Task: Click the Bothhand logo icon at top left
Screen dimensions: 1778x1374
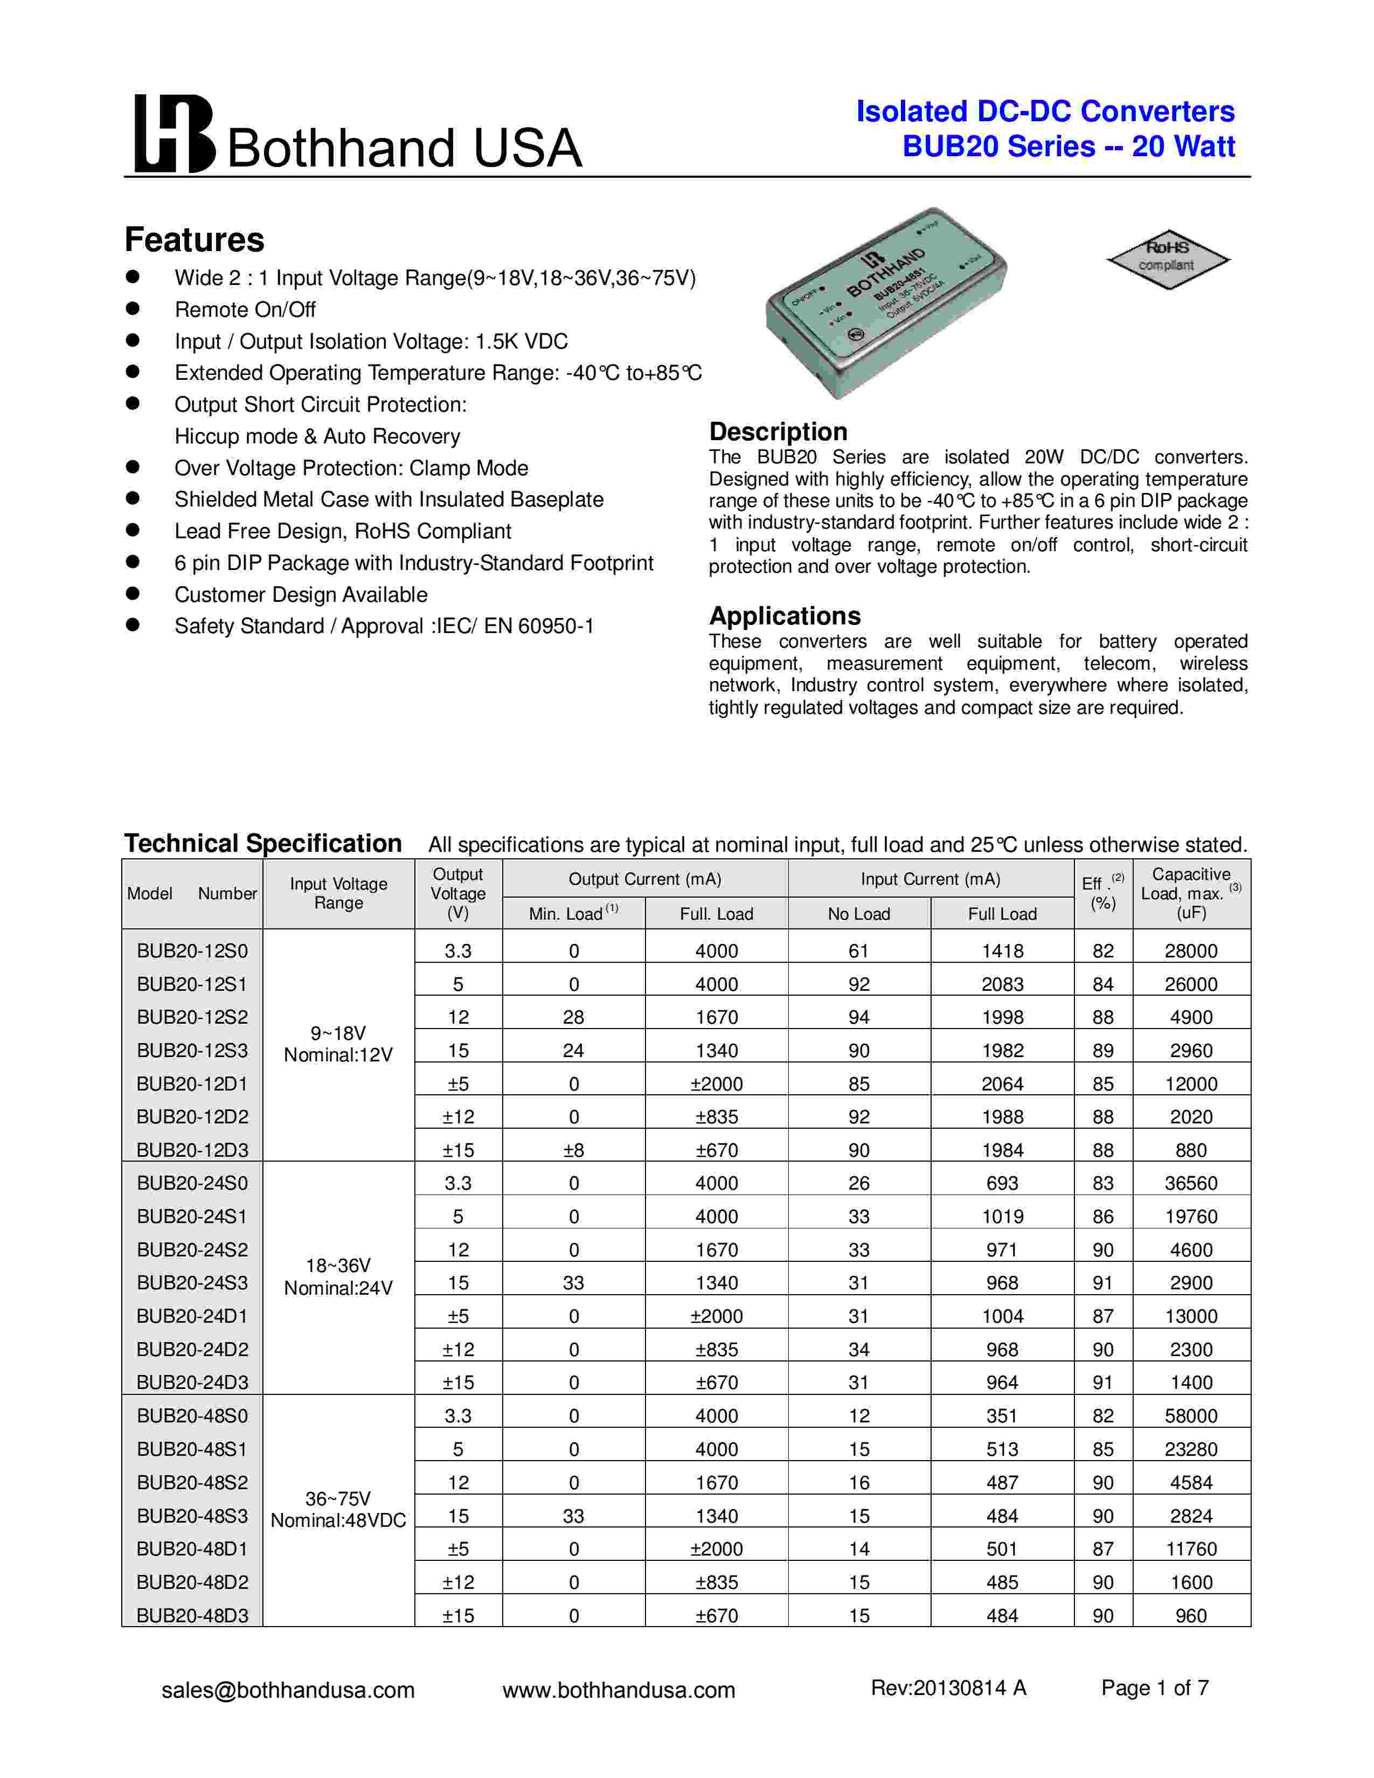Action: (x=174, y=134)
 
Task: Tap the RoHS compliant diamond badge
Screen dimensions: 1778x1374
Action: (x=1167, y=258)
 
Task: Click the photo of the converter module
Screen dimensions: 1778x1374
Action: (x=886, y=304)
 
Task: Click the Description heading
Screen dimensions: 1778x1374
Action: (x=778, y=432)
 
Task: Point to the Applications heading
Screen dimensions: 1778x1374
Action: (x=785, y=615)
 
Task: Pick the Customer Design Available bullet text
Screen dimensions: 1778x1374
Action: (x=300, y=594)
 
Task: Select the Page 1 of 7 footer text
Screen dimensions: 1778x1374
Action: (x=1154, y=1687)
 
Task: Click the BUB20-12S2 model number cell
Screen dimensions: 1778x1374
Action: (x=192, y=1017)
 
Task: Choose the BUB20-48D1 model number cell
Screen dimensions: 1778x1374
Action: (x=192, y=1548)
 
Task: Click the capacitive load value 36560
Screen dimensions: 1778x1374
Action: (x=1191, y=1183)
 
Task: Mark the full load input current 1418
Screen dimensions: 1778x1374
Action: (x=1002, y=951)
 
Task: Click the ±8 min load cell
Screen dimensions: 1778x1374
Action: (x=573, y=1150)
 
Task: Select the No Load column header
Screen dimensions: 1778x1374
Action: (x=859, y=913)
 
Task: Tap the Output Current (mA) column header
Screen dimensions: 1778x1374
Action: (x=644, y=879)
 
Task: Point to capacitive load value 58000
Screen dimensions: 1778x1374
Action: (x=1191, y=1416)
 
